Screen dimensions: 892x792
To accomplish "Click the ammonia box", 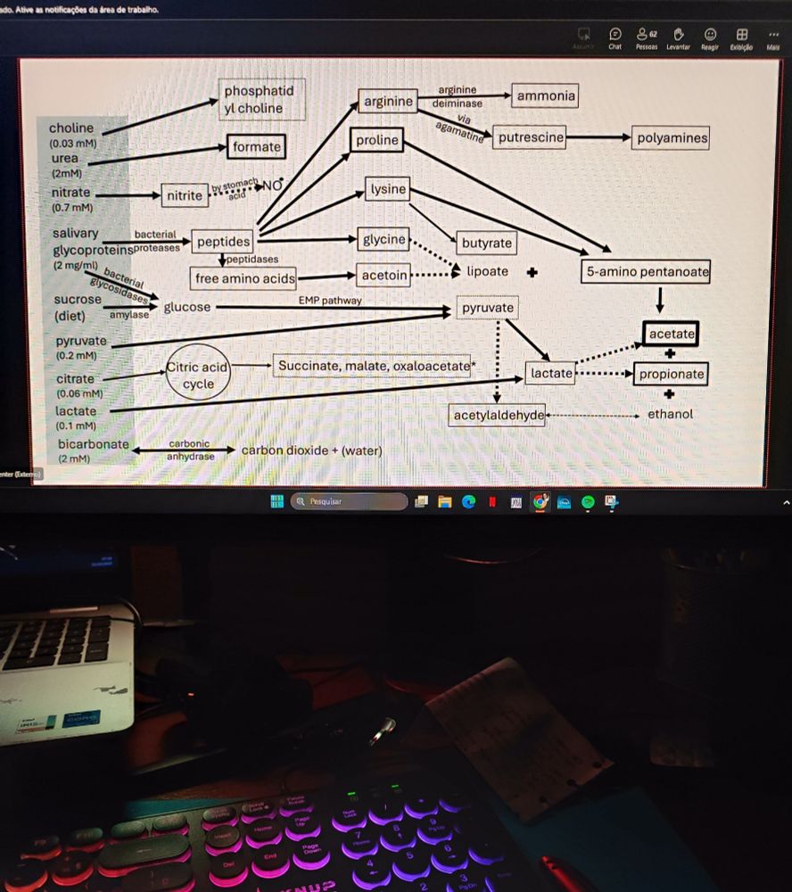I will [546, 96].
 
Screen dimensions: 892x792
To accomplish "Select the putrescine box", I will [531, 138].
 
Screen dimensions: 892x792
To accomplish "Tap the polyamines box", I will [672, 138].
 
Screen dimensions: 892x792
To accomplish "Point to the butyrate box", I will [487, 243].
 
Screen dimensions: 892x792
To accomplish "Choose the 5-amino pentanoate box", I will [646, 272].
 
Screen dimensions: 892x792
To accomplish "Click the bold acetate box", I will [671, 334].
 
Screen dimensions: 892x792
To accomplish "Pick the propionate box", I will [671, 375].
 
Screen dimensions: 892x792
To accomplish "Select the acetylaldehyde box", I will [499, 416].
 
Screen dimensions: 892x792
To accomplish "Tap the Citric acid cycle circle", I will [198, 376].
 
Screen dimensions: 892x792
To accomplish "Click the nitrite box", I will [185, 194].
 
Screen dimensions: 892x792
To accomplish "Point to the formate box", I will [257, 146].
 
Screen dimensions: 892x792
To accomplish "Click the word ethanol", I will [670, 414].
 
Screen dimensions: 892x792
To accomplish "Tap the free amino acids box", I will [244, 279].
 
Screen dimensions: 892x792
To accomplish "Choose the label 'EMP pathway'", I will [330, 301].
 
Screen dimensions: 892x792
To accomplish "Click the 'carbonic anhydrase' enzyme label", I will [190, 450].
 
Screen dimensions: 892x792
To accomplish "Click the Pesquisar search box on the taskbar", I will [350, 501].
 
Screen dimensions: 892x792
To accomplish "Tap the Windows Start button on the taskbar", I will [276, 501].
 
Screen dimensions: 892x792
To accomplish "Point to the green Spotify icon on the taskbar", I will [588, 502].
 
